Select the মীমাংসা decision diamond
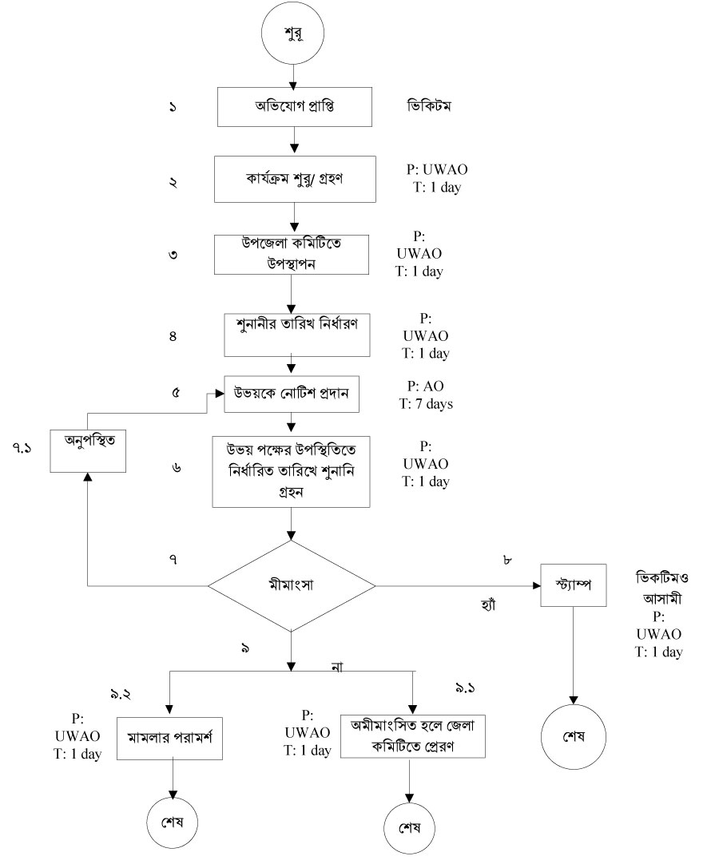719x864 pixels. pyautogui.click(x=292, y=587)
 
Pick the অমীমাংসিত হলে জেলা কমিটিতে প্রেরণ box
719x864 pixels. pyautogui.click(x=413, y=733)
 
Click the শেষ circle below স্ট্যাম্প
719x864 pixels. pyautogui.click(x=572, y=735)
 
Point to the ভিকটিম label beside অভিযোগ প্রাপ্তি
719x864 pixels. pyautogui.click(x=428, y=106)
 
